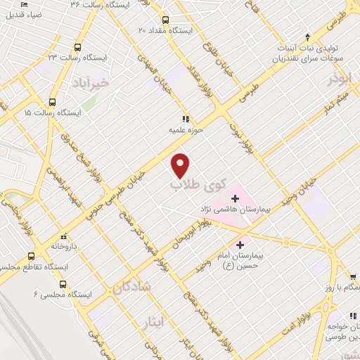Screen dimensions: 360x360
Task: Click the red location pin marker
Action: (x=181, y=165)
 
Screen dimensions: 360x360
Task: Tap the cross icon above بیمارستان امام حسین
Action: (x=241, y=245)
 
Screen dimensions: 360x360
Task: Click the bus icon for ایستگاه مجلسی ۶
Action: (x=63, y=284)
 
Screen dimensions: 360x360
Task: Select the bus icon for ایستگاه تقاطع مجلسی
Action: (x=31, y=257)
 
